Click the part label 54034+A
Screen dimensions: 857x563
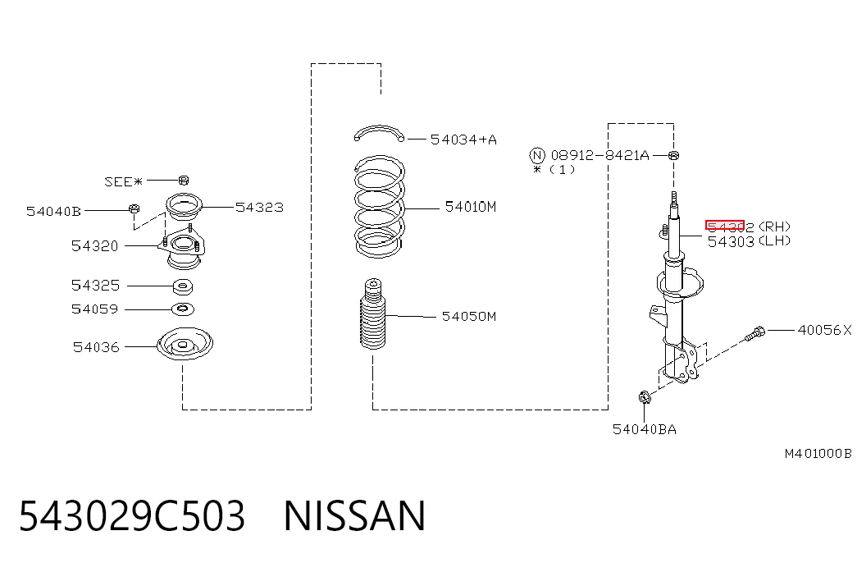(x=463, y=140)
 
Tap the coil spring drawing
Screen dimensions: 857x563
(x=380, y=206)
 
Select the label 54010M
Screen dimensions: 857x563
(x=471, y=207)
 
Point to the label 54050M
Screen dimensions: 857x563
(x=469, y=316)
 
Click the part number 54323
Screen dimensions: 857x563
(x=260, y=208)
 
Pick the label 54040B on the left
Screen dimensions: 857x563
(x=53, y=211)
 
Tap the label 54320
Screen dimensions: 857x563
(x=94, y=246)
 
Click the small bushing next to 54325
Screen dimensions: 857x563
(x=183, y=286)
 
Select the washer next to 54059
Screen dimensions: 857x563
(x=183, y=309)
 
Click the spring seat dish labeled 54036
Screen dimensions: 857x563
(x=185, y=344)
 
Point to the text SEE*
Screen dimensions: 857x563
(x=124, y=181)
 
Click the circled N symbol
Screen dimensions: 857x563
(x=538, y=155)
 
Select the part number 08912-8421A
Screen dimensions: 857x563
(x=599, y=155)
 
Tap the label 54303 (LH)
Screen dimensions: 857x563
(x=749, y=241)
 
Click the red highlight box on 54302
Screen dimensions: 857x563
(x=725, y=226)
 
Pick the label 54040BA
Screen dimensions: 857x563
(x=645, y=429)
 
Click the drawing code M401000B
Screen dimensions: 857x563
(x=818, y=454)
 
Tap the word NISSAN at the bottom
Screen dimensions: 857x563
(x=354, y=516)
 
